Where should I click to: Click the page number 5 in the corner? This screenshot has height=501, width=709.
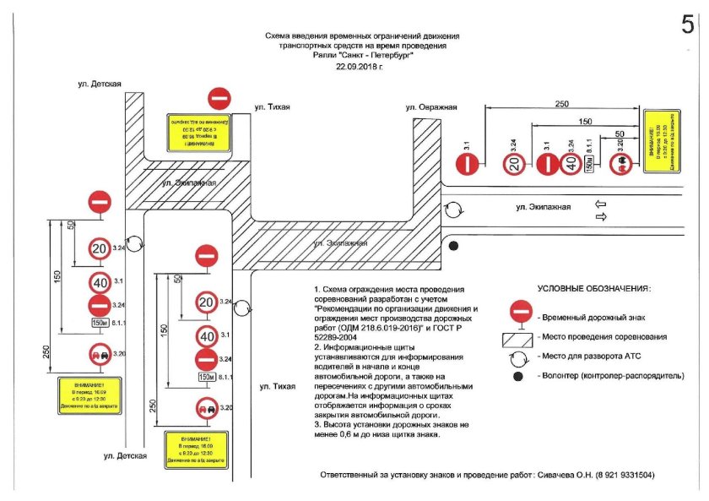coord(688,25)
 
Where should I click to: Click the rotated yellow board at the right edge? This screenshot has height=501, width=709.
coord(661,142)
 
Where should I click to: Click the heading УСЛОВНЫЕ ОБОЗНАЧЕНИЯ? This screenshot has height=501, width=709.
coord(593,288)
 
